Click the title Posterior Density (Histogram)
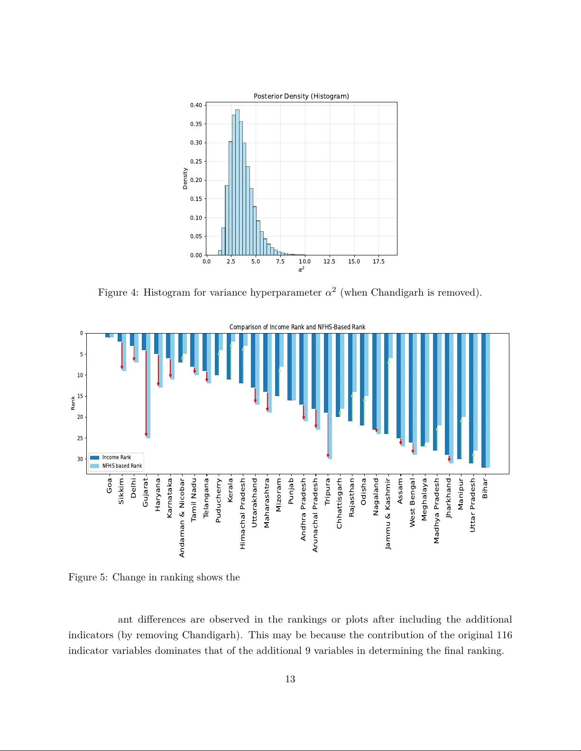pyautogui.click(x=301, y=96)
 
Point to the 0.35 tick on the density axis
pyautogui.click(x=196, y=124)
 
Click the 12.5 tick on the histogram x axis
pyautogui.click(x=329, y=262)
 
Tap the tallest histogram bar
pyautogui.click(x=237, y=182)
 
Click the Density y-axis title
pyautogui.click(x=185, y=179)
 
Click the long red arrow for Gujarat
pyautogui.click(x=146, y=393)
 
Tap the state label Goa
pyautogui.click(x=110, y=485)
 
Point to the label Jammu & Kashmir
pyautogui.click(x=388, y=514)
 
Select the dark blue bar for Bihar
pyautogui.click(x=483, y=400)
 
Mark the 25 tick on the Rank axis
pyautogui.click(x=80, y=438)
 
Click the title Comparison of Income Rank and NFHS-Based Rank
pyautogui.click(x=297, y=327)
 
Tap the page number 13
pyautogui.click(x=290, y=679)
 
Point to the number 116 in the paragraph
pyautogui.click(x=504, y=635)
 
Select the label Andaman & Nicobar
pyautogui.click(x=182, y=517)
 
